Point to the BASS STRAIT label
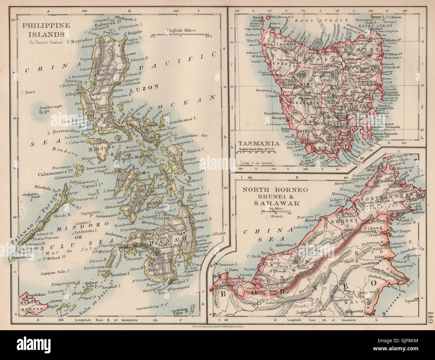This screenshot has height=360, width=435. (306, 20)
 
